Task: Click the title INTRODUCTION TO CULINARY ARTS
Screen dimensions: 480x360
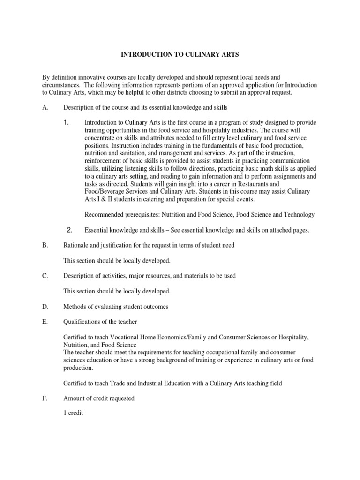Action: (180, 55)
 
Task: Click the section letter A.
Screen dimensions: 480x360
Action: (45, 107)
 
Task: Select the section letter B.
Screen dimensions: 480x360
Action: (45, 245)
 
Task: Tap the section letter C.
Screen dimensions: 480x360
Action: (45, 276)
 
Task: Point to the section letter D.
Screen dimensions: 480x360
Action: (45, 307)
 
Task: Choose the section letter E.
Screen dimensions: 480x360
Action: (45, 322)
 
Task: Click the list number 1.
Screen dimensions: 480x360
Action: (67, 122)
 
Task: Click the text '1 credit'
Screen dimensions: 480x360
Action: (73, 414)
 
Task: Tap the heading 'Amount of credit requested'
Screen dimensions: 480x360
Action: (99, 398)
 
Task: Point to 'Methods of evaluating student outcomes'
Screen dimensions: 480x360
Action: (116, 307)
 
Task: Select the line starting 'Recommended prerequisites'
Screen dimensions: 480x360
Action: (199, 215)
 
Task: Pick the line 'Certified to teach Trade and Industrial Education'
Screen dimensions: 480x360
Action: (172, 383)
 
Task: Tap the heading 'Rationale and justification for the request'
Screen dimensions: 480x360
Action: (149, 245)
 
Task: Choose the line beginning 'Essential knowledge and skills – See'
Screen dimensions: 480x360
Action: (197, 230)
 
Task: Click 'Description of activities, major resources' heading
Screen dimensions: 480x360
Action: (150, 276)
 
